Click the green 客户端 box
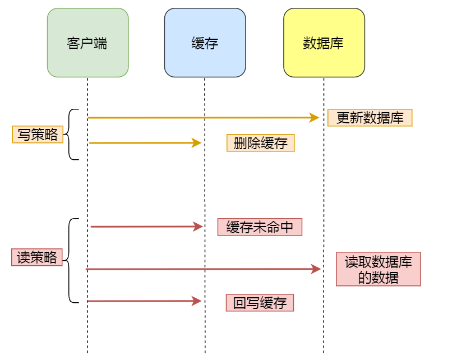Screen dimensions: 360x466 coord(87,43)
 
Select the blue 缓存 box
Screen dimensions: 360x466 coord(205,43)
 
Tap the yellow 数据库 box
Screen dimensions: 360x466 coord(324,43)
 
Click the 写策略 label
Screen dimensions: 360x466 coord(38,135)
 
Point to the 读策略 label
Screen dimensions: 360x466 coord(37,257)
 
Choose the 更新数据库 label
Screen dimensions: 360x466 coord(370,118)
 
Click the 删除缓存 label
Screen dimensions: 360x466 coord(260,143)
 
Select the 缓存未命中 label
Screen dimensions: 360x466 coord(260,227)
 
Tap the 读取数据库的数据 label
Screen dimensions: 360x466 coord(378,270)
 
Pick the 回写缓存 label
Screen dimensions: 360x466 coord(260,303)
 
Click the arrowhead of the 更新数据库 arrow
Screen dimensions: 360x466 coord(315,118)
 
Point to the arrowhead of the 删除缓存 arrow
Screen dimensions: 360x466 coord(197,143)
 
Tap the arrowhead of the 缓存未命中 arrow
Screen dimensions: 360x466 coord(198,227)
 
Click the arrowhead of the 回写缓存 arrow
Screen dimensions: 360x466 coord(197,301)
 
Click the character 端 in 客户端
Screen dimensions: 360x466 coord(101,43)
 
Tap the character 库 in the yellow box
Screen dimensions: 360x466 coord(337,43)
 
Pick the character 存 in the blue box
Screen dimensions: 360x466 coord(211,43)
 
